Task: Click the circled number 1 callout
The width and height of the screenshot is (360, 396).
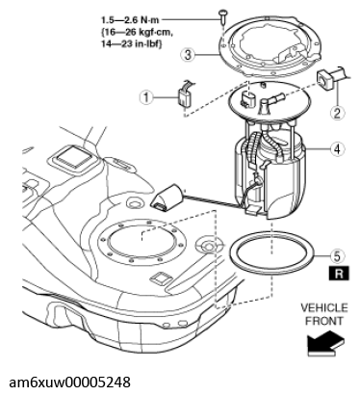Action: click(146, 96)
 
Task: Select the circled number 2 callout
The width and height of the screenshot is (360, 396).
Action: click(337, 113)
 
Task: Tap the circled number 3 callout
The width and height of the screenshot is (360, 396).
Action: click(188, 55)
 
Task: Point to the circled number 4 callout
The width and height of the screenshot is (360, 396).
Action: click(337, 149)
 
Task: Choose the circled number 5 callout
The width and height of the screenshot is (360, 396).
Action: click(337, 255)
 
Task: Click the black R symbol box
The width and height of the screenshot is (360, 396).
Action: click(339, 274)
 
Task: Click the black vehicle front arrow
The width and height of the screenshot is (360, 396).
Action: click(325, 344)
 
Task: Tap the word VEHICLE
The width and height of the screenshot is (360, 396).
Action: click(324, 307)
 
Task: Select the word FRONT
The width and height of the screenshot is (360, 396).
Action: click(324, 321)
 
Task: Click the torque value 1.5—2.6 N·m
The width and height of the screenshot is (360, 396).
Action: click(130, 20)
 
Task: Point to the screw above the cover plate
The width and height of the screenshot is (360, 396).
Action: click(222, 16)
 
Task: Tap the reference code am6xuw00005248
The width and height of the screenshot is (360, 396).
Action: click(69, 383)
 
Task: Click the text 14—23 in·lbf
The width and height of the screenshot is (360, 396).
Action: click(132, 44)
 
